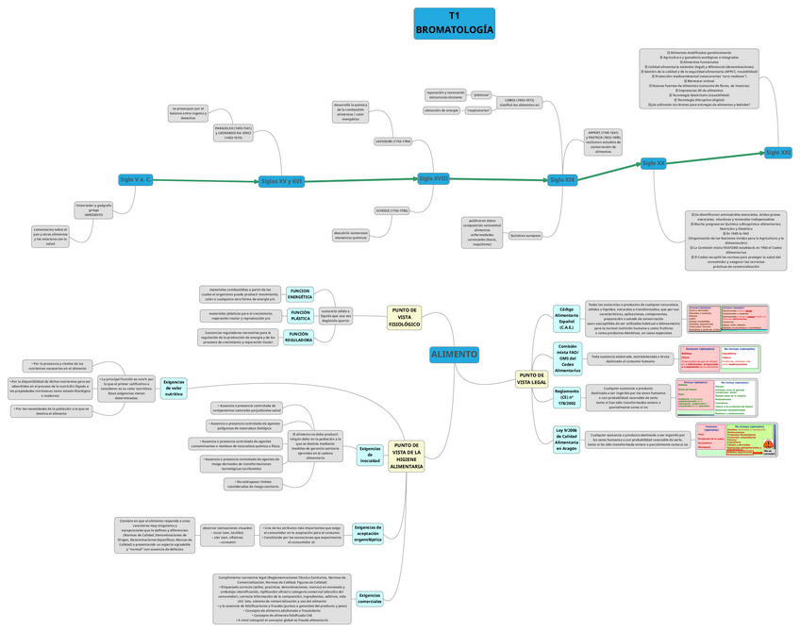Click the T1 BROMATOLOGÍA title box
click(x=454, y=24)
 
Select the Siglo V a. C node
click(x=136, y=178)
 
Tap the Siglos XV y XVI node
click(x=281, y=180)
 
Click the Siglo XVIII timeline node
click(x=434, y=177)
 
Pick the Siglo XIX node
click(x=562, y=179)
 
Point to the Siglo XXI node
click(x=778, y=152)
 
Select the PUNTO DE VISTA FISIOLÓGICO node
click(x=406, y=318)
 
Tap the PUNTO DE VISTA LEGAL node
click(x=532, y=379)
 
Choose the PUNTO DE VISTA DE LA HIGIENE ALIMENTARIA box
click(x=407, y=456)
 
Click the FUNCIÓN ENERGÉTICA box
click(x=300, y=293)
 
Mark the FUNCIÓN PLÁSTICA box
click(x=300, y=314)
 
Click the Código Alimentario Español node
click(x=567, y=319)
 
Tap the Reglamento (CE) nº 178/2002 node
click(x=567, y=397)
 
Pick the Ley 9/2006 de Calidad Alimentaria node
click(x=567, y=439)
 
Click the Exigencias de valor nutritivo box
click(x=174, y=388)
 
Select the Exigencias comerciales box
click(x=370, y=598)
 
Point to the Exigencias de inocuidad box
click(x=370, y=456)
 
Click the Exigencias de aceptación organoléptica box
click(x=368, y=534)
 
